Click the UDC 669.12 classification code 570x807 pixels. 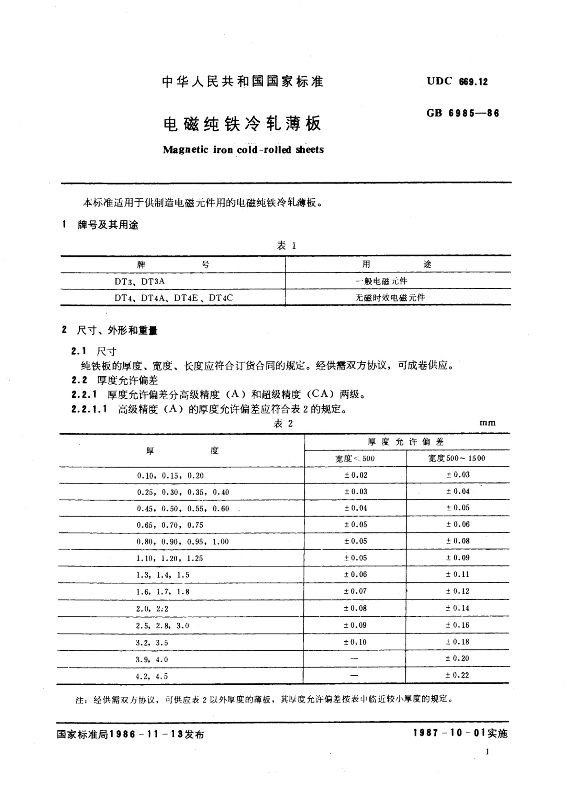click(x=457, y=81)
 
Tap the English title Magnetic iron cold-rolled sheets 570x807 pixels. click(x=243, y=150)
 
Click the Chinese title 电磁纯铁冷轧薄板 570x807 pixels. click(x=242, y=124)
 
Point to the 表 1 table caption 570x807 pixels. click(x=287, y=246)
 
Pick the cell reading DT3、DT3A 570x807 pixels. click(x=139, y=281)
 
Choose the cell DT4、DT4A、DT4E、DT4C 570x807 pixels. click(x=173, y=298)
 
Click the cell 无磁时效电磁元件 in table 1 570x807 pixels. click(x=390, y=298)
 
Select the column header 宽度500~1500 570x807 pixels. click(x=457, y=458)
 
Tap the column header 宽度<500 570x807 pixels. click(x=355, y=459)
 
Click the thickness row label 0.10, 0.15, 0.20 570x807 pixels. click(x=170, y=476)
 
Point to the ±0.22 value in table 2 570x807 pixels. click(x=458, y=675)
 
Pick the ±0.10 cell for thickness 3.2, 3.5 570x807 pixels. click(x=355, y=642)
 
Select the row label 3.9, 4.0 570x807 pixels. click(x=152, y=659)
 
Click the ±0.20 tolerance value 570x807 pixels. click(x=458, y=658)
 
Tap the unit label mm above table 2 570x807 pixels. click(x=487, y=423)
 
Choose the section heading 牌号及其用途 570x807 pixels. click(x=108, y=225)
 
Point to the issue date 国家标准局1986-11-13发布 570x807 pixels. click(x=130, y=734)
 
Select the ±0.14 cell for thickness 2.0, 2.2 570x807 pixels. click(x=458, y=608)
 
